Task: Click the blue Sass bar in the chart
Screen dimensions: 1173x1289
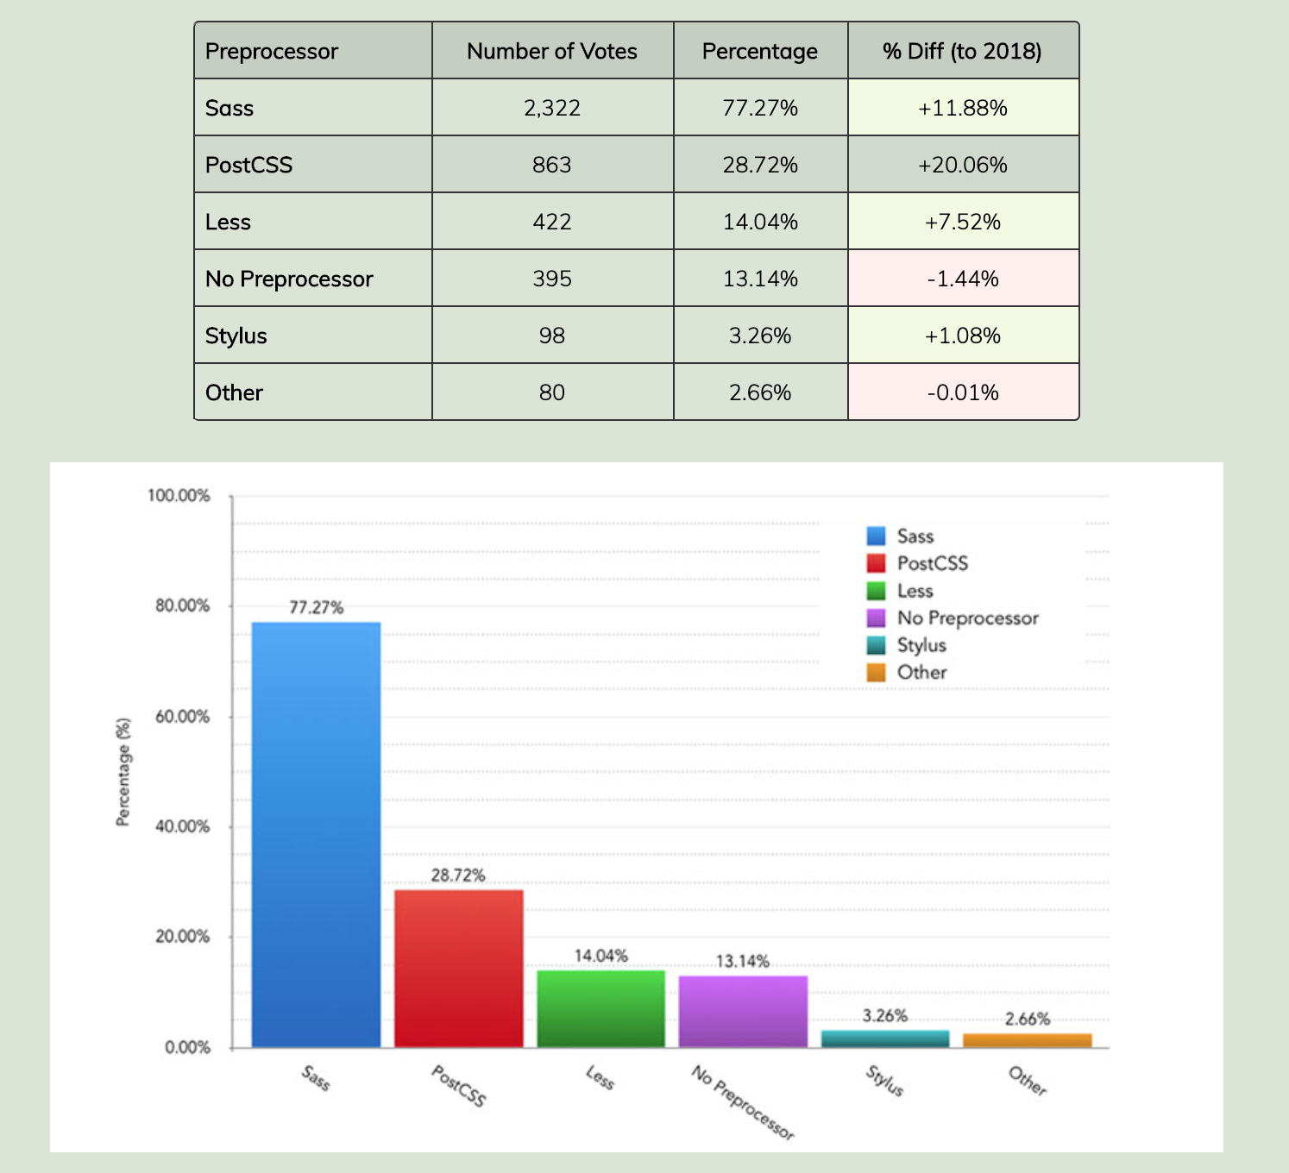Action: [316, 834]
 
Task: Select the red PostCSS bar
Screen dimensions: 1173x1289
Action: [458, 968]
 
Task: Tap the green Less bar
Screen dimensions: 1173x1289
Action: [600, 1008]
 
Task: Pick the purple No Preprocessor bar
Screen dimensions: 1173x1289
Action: [743, 1011]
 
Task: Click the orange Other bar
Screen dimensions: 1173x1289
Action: [1027, 1040]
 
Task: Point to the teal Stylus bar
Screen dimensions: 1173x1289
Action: [884, 1038]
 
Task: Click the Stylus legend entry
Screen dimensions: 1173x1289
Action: [921, 645]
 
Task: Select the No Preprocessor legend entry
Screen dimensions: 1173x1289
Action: [966, 618]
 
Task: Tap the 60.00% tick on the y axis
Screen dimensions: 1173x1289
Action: [182, 717]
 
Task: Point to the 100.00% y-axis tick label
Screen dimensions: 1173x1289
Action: [179, 496]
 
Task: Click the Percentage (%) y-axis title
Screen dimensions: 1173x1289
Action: [123, 772]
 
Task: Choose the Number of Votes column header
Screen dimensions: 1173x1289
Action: [552, 52]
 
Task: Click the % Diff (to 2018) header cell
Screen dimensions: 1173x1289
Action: [962, 52]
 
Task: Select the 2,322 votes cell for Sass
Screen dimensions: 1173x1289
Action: [552, 108]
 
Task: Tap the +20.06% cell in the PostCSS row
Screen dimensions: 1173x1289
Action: [962, 165]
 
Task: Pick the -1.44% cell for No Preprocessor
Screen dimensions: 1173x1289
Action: [962, 279]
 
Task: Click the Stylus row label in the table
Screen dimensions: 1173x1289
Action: [236, 336]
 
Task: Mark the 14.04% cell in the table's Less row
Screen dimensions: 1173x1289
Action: [760, 222]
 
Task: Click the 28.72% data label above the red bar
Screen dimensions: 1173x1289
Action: [458, 875]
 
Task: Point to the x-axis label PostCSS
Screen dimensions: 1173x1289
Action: [458, 1085]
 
